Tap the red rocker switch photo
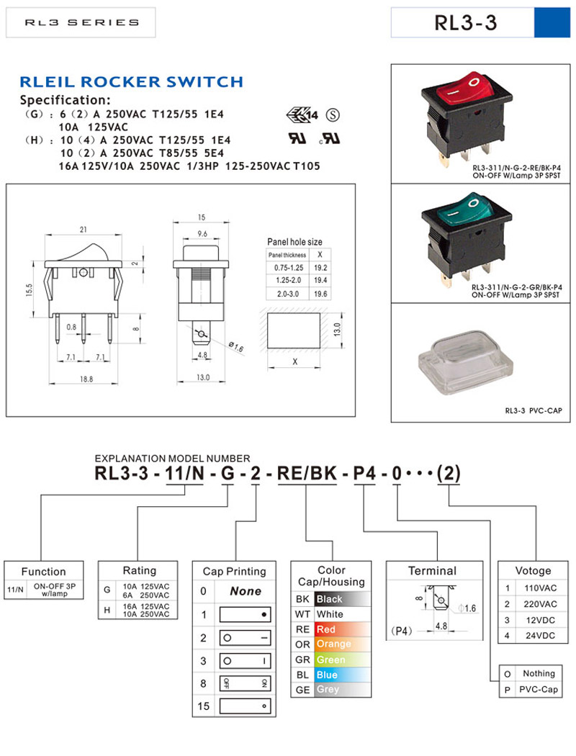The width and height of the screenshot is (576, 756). coord(468,115)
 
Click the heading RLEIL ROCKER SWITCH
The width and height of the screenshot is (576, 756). coord(131,82)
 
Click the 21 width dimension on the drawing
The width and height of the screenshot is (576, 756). coord(84,229)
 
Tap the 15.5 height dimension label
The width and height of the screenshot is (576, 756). coord(29,289)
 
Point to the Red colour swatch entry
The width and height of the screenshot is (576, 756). coord(326,629)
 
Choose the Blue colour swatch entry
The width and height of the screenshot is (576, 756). coord(327,675)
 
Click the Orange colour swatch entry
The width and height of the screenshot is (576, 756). coord(333,644)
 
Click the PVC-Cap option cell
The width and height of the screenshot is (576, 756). coord(539,689)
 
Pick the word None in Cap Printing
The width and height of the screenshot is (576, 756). coord(246,591)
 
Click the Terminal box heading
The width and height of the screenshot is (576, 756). coord(432,571)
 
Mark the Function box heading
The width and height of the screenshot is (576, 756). coord(43,572)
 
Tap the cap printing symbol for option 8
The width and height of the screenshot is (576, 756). coord(246,683)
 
